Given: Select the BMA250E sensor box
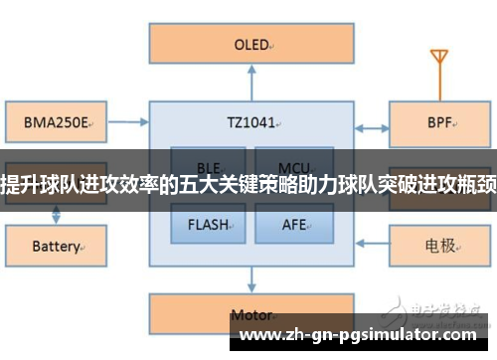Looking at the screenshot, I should point(51,125).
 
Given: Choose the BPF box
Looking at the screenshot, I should point(438,126).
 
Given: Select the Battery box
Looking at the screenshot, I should point(51,245).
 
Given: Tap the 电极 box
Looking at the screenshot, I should point(438,244).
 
